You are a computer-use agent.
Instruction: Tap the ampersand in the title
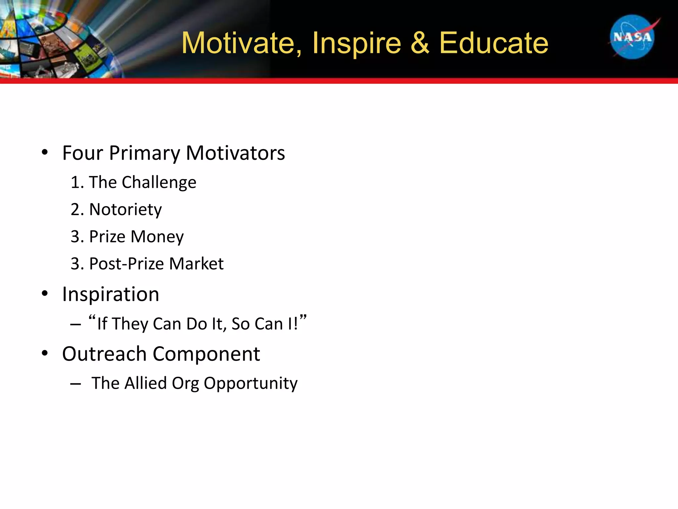pos(420,43)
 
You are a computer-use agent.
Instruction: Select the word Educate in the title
pos(493,43)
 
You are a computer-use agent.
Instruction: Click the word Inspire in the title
pos(356,43)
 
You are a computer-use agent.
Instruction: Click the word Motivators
pos(235,153)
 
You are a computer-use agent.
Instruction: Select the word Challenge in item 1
pos(159,183)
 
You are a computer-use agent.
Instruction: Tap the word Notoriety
pos(125,210)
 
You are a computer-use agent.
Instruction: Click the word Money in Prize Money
pos(157,237)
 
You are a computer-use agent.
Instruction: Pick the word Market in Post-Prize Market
pos(196,264)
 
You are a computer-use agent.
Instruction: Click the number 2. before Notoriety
pos(77,210)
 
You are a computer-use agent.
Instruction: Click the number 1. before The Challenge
pos(77,183)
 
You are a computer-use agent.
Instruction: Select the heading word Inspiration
pos(111,294)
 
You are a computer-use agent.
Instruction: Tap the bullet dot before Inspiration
pos(45,294)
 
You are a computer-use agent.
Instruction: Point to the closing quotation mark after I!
pos(303,318)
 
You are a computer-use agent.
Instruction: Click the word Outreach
pos(104,354)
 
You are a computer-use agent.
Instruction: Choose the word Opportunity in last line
pos(250,384)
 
